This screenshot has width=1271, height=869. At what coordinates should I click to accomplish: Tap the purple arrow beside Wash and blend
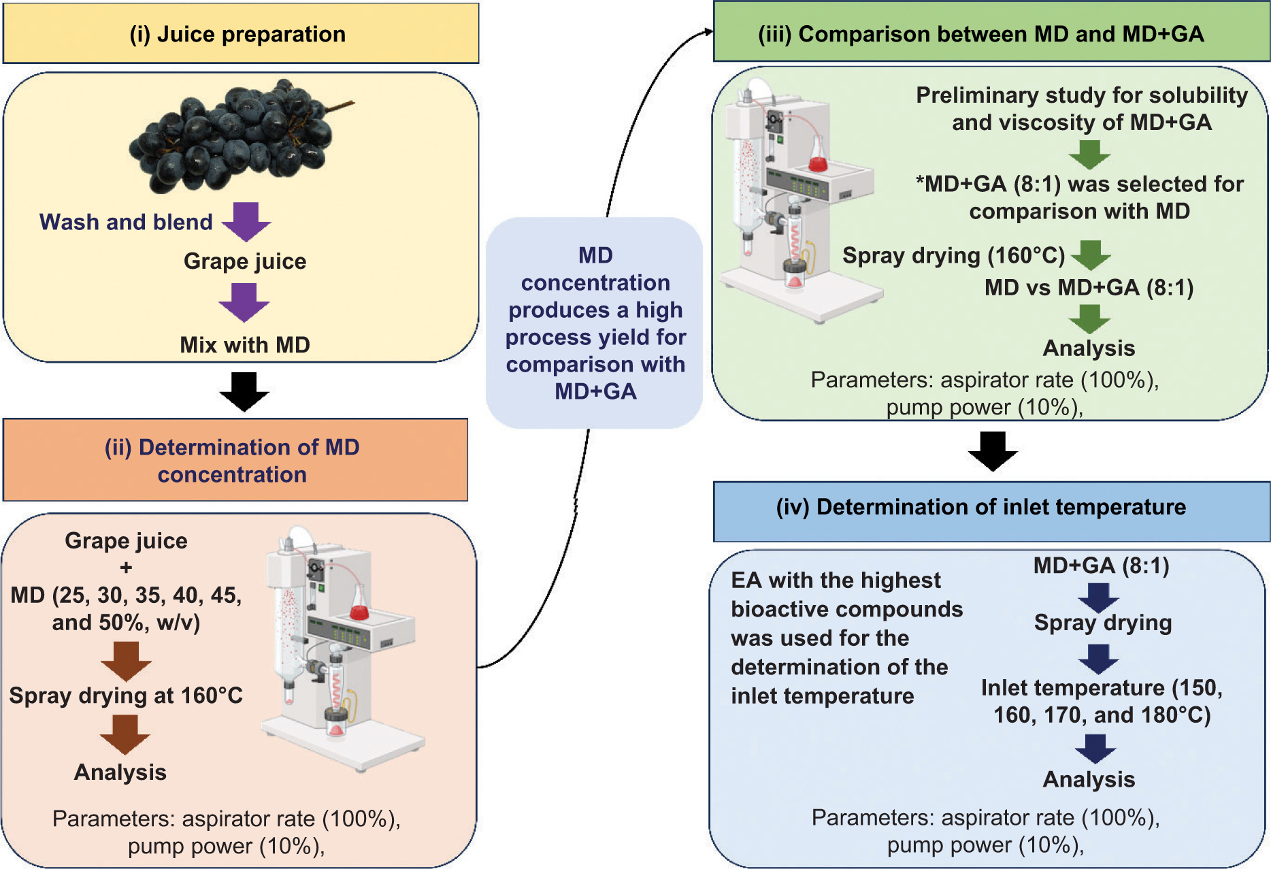[x=246, y=221]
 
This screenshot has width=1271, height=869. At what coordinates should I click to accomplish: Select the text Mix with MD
[x=245, y=345]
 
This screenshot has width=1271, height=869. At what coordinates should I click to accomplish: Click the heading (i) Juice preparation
[x=237, y=34]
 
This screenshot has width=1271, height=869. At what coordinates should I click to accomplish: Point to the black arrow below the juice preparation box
[x=244, y=391]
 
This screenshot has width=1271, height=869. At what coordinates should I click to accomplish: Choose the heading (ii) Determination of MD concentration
[x=232, y=461]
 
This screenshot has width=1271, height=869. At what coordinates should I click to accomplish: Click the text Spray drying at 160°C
[x=126, y=695]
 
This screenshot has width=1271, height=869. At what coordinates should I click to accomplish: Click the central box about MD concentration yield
[x=595, y=323]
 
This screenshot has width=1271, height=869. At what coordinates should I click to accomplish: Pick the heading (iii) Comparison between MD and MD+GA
[x=980, y=34]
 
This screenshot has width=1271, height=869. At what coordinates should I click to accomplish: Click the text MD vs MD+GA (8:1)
[x=1089, y=288]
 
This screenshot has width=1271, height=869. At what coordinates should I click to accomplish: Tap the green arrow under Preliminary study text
[x=1089, y=154]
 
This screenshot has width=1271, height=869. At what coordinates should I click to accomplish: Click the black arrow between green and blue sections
[x=993, y=450]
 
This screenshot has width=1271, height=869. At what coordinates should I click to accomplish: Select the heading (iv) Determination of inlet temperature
[x=980, y=507]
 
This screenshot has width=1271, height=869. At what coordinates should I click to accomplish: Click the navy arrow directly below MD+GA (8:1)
[x=1098, y=597]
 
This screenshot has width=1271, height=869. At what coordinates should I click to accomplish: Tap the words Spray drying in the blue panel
[x=1103, y=623]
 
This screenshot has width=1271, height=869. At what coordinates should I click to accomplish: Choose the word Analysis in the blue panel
[x=1089, y=779]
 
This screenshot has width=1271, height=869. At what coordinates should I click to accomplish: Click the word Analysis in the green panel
[x=1089, y=348]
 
